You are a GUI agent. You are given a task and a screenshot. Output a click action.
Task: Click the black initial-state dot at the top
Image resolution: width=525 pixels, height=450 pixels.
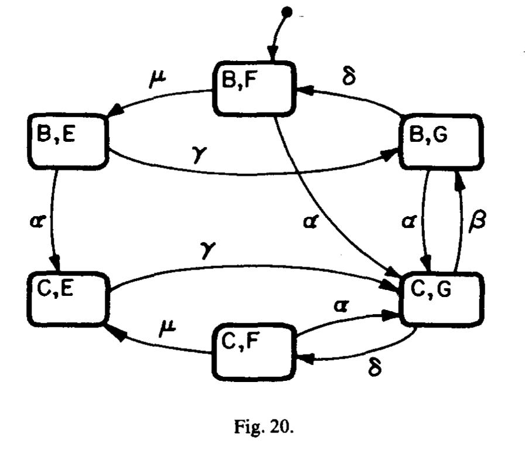tap(286, 11)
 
